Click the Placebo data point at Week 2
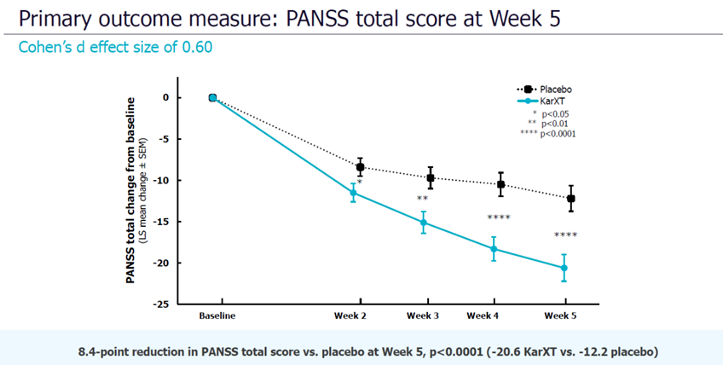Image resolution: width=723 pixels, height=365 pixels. [x=360, y=167]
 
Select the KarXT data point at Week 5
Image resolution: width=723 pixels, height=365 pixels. [x=564, y=268]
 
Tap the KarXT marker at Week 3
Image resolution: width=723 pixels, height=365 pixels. [x=423, y=223]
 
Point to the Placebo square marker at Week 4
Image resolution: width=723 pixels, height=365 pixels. [x=501, y=184]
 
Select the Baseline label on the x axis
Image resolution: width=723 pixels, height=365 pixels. [x=217, y=316]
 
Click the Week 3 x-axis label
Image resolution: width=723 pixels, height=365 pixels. [x=423, y=316]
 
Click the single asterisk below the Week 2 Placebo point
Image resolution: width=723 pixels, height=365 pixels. [x=360, y=182]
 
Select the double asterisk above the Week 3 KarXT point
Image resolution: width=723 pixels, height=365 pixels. [x=422, y=200]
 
